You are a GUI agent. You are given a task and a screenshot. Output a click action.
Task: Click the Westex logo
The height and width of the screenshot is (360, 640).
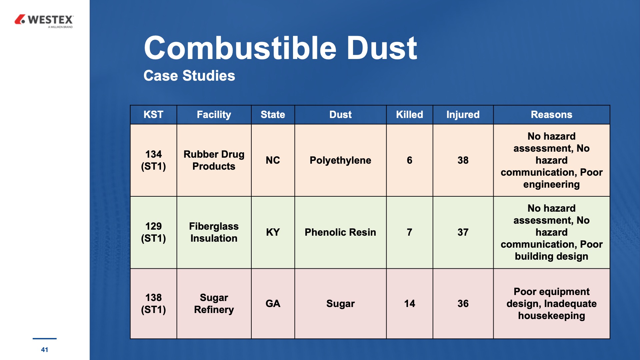44,21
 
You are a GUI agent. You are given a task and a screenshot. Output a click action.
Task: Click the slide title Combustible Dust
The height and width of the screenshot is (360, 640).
280,48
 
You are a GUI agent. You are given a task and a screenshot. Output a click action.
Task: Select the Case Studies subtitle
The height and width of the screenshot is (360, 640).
189,76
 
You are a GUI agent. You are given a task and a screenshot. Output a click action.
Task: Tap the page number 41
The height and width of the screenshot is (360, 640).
44,350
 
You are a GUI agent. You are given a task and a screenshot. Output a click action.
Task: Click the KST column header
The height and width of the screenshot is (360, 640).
153,115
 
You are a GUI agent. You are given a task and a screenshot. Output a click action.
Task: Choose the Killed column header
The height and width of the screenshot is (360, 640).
409,115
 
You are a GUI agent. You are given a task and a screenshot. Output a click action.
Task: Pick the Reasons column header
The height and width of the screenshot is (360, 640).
551,115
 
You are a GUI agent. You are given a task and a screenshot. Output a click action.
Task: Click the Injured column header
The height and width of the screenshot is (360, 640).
463,115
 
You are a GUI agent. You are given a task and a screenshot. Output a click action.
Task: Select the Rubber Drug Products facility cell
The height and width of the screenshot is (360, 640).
214,160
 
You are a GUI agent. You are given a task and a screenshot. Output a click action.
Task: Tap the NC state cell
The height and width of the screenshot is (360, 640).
273,160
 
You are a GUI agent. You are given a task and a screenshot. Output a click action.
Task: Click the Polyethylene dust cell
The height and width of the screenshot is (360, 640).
340,160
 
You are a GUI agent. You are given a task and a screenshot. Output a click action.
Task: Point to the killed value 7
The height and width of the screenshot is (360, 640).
409,232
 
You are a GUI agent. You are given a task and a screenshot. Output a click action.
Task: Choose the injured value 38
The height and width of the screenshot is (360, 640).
463,160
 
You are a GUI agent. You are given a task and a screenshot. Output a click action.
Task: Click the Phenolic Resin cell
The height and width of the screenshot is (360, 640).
340,232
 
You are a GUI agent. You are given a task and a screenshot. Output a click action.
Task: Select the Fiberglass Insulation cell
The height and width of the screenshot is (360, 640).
214,232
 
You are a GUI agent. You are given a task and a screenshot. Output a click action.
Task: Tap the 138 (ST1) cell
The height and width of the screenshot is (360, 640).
153,304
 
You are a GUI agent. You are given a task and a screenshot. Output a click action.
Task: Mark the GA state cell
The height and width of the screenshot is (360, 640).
273,304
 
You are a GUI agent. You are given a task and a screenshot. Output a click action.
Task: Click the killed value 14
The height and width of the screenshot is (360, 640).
409,304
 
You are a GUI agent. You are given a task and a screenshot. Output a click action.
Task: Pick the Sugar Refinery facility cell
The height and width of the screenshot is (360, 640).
214,304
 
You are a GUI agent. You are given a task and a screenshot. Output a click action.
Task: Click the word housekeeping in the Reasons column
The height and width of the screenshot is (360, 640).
551,316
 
